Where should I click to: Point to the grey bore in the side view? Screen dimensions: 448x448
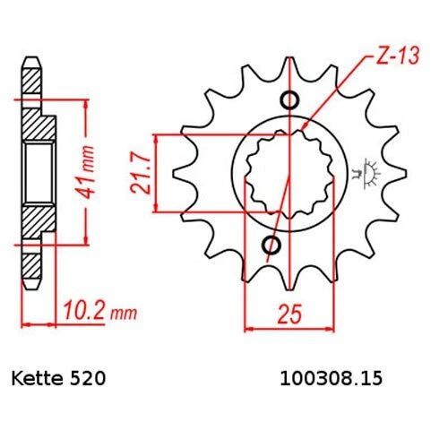(36, 169)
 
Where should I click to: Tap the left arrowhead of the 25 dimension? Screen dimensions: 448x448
(250, 327)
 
